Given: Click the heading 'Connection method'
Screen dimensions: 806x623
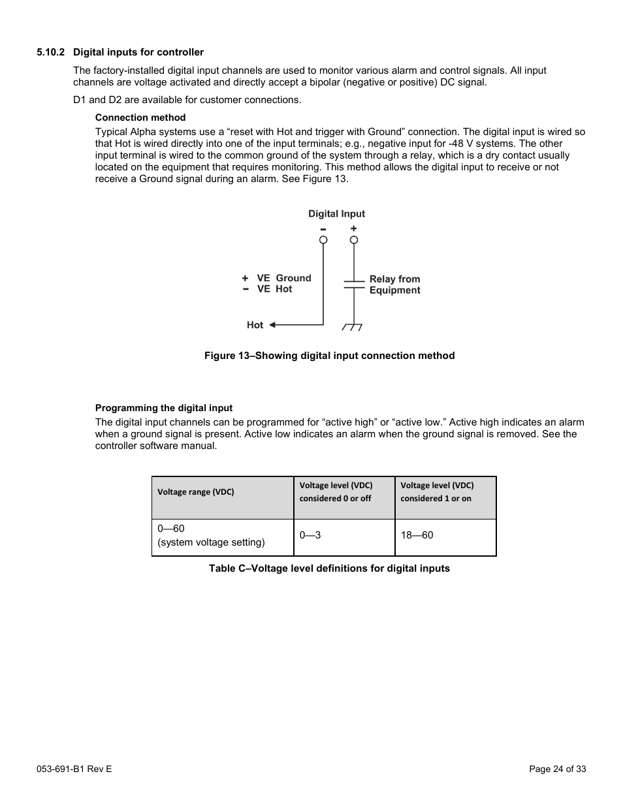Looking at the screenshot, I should tap(140, 117).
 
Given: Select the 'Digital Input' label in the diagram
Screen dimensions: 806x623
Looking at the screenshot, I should tap(336, 213).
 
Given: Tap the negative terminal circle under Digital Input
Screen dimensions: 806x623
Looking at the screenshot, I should tap(323, 240).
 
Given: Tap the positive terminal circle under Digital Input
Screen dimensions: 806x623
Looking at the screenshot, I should tap(354, 240).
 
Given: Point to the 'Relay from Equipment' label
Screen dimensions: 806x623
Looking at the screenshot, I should tap(394, 285).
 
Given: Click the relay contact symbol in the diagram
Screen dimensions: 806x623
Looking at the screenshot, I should tap(354, 284).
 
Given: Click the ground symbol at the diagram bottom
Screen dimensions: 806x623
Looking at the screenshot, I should tap(353, 326).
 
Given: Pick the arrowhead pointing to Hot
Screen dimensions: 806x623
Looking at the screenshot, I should tap(273, 324).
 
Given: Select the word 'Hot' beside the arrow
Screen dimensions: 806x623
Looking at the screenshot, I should tap(255, 325).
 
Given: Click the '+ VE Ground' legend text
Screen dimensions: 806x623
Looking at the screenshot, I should tap(277, 278).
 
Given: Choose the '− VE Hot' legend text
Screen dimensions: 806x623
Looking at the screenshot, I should tap(268, 289).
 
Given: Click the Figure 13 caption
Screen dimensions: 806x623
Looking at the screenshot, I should tap(329, 356).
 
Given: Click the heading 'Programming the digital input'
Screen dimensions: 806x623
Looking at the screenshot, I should tap(164, 408).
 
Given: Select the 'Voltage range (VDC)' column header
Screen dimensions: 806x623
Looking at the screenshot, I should tap(196, 492).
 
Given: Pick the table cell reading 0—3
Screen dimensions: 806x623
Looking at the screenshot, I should tap(310, 535).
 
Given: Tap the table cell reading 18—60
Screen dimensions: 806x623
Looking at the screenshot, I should tap(417, 535).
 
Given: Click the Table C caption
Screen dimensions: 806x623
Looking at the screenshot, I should tap(329, 568).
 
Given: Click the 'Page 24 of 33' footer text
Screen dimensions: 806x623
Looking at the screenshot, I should tap(557, 769).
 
